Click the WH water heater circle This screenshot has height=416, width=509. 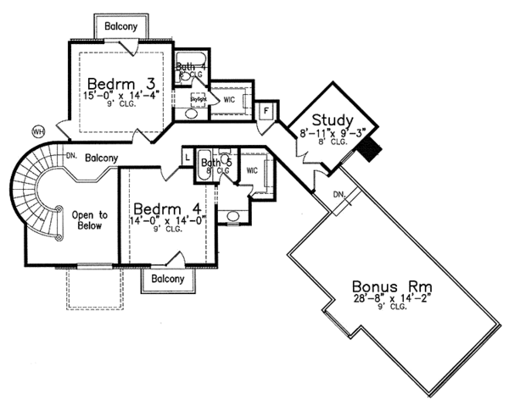click(x=37, y=131)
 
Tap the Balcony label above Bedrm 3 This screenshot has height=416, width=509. click(x=121, y=26)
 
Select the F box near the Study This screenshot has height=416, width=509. click(x=265, y=111)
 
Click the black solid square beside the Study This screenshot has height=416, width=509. click(x=369, y=150)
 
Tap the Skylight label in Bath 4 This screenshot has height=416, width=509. click(x=198, y=99)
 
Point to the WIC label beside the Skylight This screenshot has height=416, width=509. click(x=229, y=99)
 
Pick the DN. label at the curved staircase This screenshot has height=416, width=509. click(x=72, y=153)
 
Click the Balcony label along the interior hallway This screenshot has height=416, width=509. click(x=101, y=158)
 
